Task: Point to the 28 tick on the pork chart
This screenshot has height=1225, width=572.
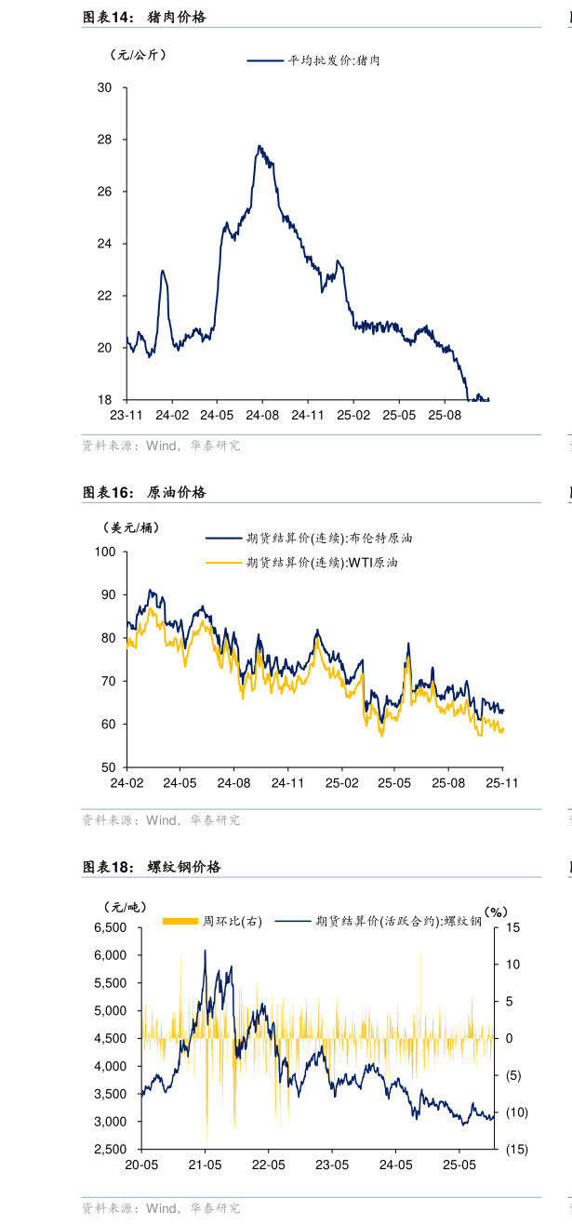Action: pyautogui.click(x=104, y=140)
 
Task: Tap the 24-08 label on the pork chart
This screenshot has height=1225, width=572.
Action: pyautogui.click(x=261, y=415)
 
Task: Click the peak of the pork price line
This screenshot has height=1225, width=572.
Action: pyautogui.click(x=259, y=146)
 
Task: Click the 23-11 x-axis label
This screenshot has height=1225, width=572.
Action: pyautogui.click(x=126, y=415)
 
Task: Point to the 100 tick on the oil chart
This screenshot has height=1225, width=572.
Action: pyautogui.click(x=104, y=552)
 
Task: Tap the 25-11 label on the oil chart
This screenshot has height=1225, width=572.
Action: pyautogui.click(x=502, y=783)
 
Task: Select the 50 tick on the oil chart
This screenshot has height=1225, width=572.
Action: pyautogui.click(x=108, y=767)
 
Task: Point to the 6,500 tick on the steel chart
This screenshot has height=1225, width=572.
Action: pyautogui.click(x=111, y=928)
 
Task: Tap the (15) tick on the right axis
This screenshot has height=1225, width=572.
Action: pyautogui.click(x=516, y=1150)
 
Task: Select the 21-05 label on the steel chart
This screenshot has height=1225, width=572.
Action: pyautogui.click(x=205, y=1165)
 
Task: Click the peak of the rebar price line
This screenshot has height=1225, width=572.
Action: pyautogui.click(x=206, y=950)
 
